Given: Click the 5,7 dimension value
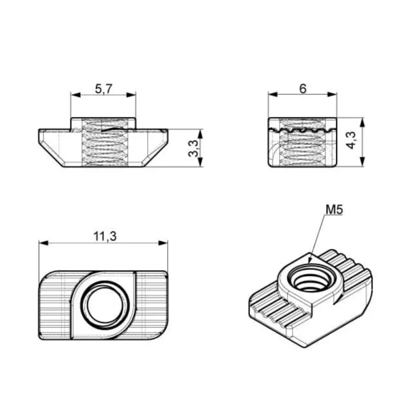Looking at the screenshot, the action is (104, 89).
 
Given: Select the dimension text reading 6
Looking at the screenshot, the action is (303, 89).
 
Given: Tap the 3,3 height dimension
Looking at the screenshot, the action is (194, 148).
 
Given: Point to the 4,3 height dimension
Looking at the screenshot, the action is (351, 140).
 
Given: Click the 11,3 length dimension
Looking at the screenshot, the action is (105, 236).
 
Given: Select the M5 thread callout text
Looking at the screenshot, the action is (334, 210).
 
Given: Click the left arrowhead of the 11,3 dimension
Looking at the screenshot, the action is (44, 243).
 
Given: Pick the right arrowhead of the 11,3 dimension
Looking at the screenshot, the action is (163, 243).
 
